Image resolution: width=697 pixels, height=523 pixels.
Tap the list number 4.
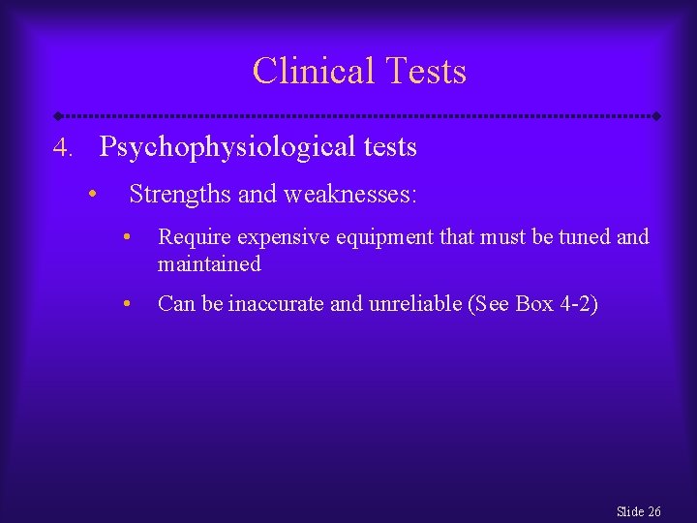pos(63,148)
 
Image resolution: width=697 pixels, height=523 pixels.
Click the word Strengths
pos(180,195)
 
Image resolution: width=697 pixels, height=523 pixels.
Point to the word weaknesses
pos(348,195)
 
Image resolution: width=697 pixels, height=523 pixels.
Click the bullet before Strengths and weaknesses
pos(90,194)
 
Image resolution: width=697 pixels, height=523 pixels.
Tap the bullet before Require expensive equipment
pos(126,236)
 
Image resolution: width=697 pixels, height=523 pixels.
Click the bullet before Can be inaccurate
pos(126,304)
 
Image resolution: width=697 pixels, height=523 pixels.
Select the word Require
pos(194,236)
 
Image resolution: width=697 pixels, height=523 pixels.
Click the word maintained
pos(209,263)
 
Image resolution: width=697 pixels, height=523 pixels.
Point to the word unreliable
pos(414,304)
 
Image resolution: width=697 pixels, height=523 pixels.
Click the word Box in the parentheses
pos(534,304)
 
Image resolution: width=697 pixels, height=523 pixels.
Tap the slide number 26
pos(653,510)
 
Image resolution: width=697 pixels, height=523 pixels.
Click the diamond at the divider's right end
pos(656,115)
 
